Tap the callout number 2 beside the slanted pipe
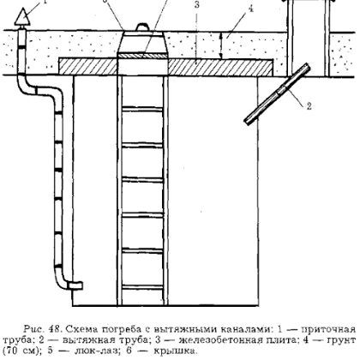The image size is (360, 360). (x=309, y=106)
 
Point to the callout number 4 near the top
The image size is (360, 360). (x=250, y=9)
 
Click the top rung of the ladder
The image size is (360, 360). (x=142, y=109)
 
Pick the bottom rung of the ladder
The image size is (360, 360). (x=142, y=287)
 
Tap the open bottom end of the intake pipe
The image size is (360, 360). (x=75, y=285)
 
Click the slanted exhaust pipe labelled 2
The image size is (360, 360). (x=278, y=93)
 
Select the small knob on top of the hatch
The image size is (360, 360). (x=143, y=27)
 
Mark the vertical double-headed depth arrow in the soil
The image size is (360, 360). (x=220, y=45)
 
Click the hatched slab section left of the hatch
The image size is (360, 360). (x=88, y=67)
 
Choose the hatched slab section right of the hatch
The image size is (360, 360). (x=220, y=68)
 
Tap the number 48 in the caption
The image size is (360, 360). (x=55, y=329)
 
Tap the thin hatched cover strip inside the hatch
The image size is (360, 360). (x=142, y=56)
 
